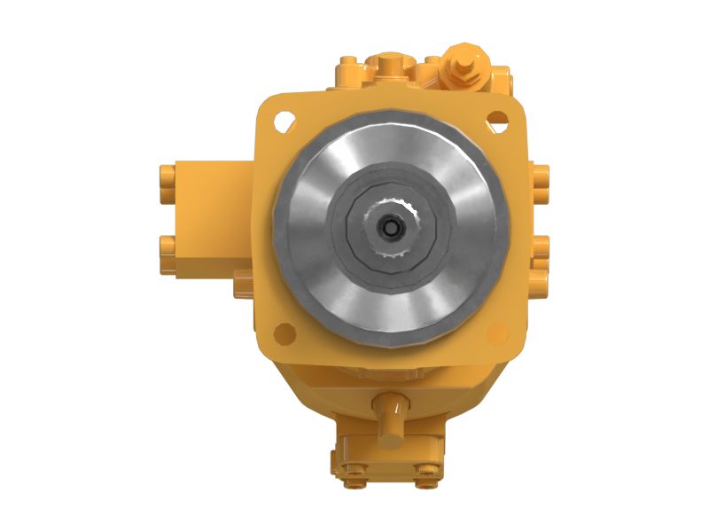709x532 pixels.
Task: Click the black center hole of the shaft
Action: click(x=391, y=227)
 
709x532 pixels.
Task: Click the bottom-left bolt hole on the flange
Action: click(x=284, y=333)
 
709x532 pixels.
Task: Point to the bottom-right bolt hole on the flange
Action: click(x=498, y=333)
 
